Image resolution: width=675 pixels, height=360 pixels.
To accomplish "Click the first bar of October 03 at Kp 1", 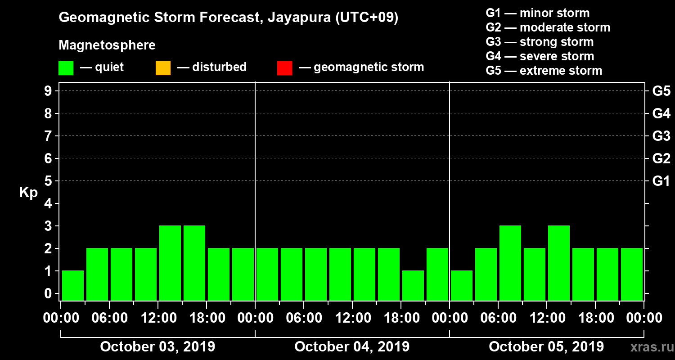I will point(73,285).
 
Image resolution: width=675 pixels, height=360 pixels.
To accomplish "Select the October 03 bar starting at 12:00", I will point(170,263).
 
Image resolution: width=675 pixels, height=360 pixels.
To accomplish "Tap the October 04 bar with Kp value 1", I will point(413,285).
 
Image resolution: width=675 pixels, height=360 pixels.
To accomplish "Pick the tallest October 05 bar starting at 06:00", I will point(510,263).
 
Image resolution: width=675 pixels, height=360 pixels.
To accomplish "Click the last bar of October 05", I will point(632,274).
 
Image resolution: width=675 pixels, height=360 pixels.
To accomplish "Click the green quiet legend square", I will point(66,67).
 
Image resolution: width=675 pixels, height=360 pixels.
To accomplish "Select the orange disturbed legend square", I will point(163,67).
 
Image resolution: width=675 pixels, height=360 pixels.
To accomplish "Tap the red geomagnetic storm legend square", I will point(284,67).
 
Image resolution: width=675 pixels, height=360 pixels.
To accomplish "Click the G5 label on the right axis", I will point(661,91).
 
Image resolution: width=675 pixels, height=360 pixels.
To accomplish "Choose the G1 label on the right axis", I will point(661,181).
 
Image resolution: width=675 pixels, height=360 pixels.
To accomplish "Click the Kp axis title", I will point(28,193).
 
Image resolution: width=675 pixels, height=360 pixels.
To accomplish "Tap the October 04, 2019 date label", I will point(352,346).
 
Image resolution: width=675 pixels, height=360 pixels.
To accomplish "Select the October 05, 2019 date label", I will point(546,346).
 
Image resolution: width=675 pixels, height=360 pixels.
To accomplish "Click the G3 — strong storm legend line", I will point(540,42).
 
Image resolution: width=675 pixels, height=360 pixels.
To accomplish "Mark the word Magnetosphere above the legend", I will point(107,45).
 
